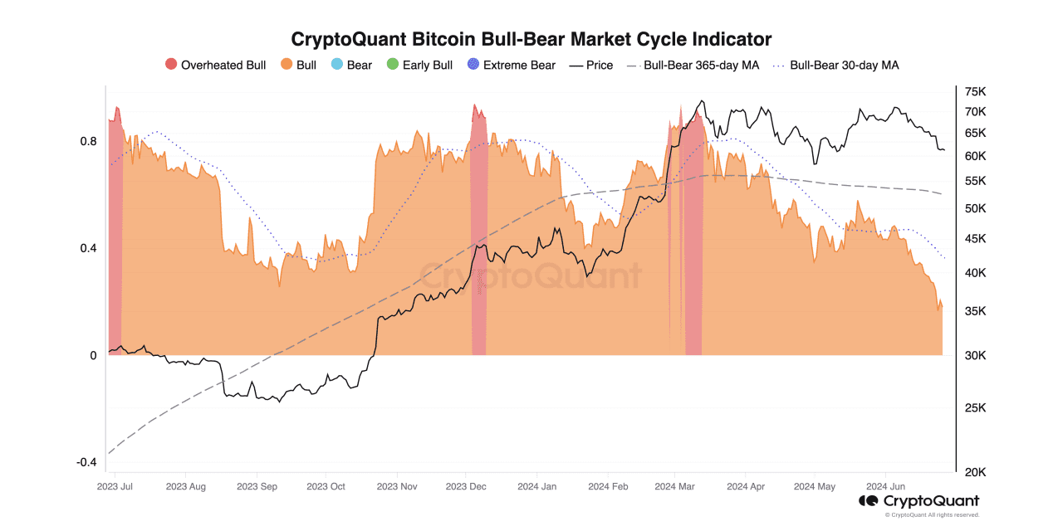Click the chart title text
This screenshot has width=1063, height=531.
(531, 39)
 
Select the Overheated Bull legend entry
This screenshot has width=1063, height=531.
(216, 65)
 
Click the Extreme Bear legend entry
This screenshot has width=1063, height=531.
(511, 65)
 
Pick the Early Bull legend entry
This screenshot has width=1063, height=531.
(419, 65)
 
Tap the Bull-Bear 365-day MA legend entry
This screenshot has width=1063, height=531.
(693, 65)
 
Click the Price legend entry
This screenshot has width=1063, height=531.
(591, 65)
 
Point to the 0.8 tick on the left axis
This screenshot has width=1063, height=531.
(88, 141)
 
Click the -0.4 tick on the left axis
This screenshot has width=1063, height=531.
(86, 462)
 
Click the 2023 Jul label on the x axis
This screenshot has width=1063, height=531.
(115, 486)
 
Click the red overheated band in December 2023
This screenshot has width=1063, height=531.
(478, 249)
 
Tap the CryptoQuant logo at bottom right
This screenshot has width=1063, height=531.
(918, 501)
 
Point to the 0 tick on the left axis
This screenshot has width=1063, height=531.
(93, 355)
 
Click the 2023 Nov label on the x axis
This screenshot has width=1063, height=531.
(396, 486)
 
